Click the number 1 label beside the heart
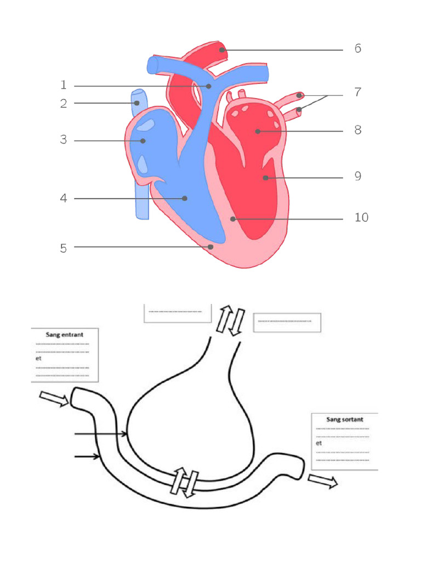pos(64,85)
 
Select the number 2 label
pos(64,104)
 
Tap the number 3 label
pos(64,140)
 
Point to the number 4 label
pos(64,198)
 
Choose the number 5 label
pos(64,248)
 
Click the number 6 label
pos(357,49)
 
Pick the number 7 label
pos(357,93)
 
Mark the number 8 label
pos(357,130)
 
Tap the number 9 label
pos(357,176)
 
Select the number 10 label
pos(361,218)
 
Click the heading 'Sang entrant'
pos(65,333)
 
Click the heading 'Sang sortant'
pos(344,419)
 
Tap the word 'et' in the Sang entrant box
pos(38,358)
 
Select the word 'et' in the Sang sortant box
pos(319,443)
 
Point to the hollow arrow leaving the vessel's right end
pos(322,481)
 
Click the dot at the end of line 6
pos(222,50)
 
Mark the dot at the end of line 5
pos(211,247)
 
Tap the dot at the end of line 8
pos(257,131)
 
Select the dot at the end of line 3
pos(143,141)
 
